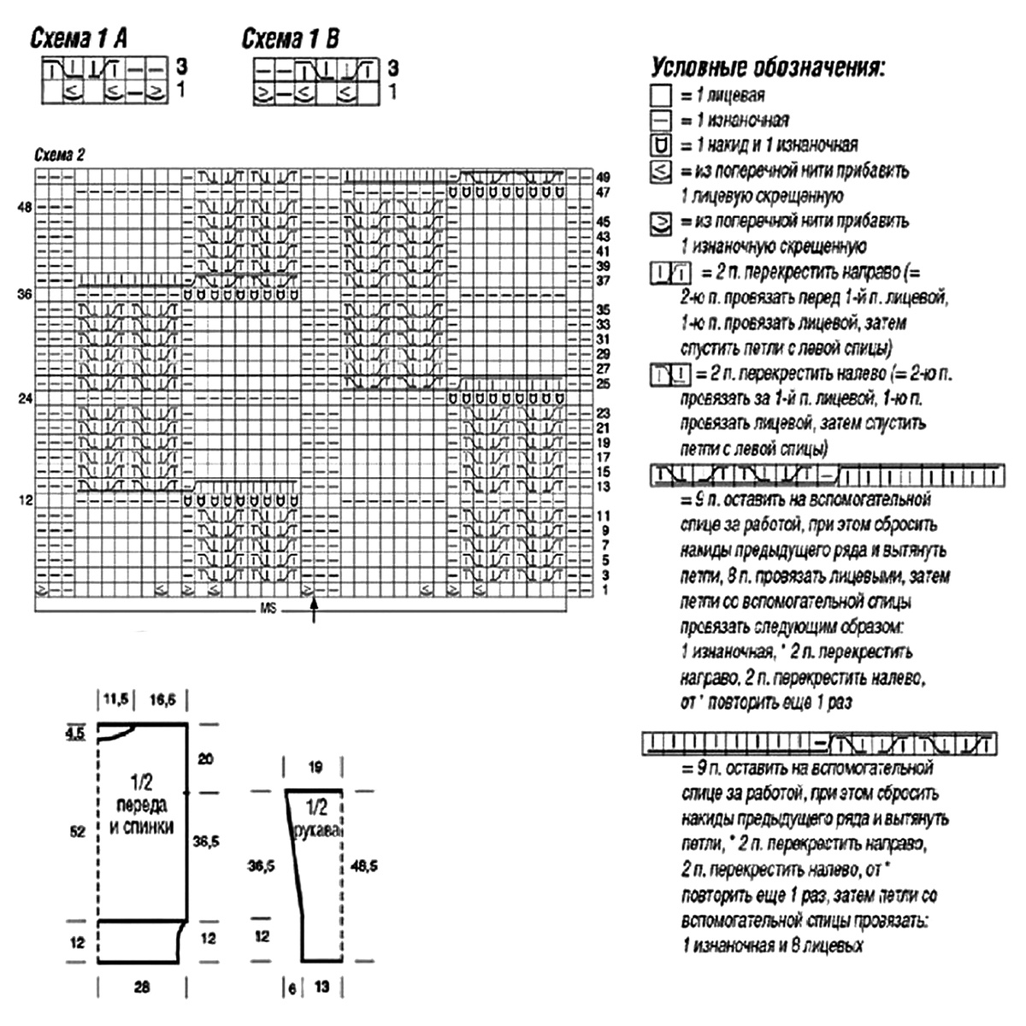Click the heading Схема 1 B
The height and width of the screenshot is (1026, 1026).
291,38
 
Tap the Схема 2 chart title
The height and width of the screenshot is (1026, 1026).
59,156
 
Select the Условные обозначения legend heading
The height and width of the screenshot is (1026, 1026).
767,68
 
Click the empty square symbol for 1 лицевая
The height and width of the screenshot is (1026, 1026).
661,95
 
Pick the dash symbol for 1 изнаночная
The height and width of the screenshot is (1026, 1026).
661,120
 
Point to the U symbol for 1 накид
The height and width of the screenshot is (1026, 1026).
661,144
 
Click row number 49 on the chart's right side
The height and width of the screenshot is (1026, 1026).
603,176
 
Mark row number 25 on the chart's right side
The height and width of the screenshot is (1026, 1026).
603,384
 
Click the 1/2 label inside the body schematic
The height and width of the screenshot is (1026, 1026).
141,781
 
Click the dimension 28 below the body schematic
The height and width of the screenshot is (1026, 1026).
142,987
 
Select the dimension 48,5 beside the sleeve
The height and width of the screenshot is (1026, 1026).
364,866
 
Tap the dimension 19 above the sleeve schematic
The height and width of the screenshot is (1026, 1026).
315,767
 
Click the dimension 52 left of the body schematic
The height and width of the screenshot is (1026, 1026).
78,831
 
